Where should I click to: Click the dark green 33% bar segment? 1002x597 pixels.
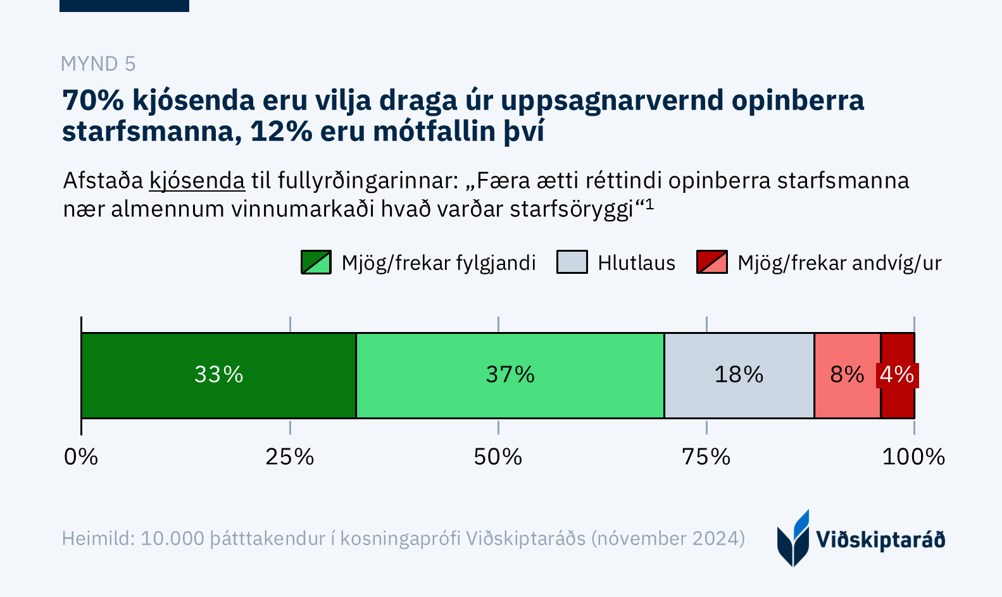(218, 375)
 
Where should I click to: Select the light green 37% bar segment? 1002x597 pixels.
(510, 375)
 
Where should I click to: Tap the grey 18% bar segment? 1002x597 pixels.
(739, 375)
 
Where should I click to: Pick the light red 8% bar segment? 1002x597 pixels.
(847, 375)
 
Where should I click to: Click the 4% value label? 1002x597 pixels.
(897, 375)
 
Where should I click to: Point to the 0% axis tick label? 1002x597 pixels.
(81, 457)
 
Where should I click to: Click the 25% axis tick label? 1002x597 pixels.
(290, 457)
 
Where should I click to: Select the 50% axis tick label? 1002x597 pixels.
(498, 457)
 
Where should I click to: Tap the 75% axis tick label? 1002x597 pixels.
(706, 457)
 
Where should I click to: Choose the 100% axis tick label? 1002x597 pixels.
(913, 457)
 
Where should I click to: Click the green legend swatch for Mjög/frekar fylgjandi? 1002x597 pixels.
(316, 262)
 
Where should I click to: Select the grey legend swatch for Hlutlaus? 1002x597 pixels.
(572, 262)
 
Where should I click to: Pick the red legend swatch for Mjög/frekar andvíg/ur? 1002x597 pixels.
(711, 262)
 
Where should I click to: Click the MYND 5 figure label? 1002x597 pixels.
(98, 64)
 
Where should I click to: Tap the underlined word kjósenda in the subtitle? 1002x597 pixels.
(197, 181)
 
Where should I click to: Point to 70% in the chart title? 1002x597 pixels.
(93, 101)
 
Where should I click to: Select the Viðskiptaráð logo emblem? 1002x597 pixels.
(793, 538)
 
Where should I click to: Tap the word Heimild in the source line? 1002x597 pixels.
(97, 538)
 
